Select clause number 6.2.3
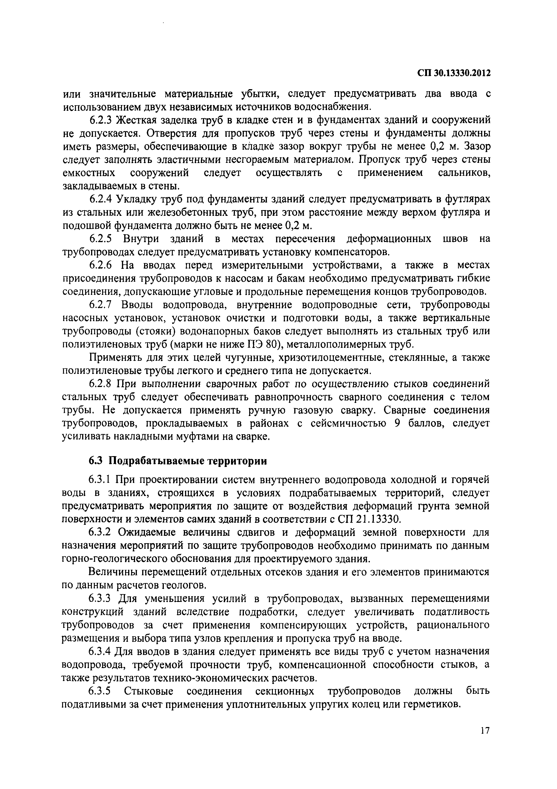[x=101, y=120]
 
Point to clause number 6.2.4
[x=101, y=199]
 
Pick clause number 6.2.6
[x=101, y=265]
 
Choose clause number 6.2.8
[x=101, y=384]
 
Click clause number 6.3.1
[x=101, y=480]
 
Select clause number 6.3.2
[x=101, y=533]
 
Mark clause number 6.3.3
[x=101, y=599]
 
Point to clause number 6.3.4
[x=101, y=652]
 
